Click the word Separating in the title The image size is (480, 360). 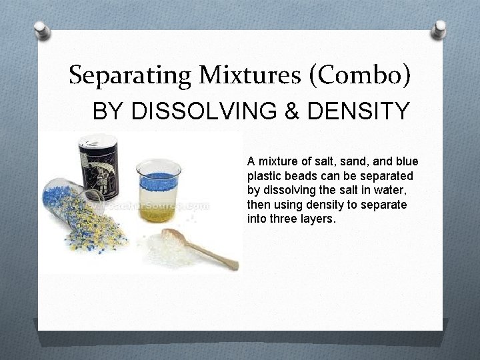click(126, 75)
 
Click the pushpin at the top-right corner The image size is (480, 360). click(439, 29)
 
